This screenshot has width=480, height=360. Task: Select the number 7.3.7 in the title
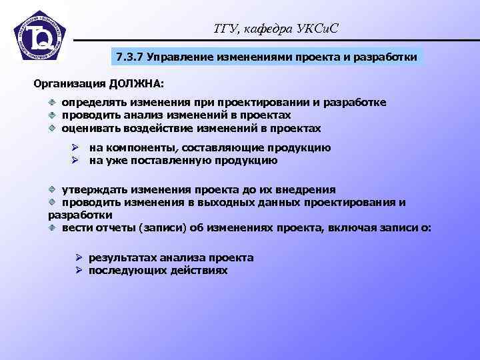coord(129,57)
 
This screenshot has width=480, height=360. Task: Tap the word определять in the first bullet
coord(94,103)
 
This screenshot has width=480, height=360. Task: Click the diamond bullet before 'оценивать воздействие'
coord(52,128)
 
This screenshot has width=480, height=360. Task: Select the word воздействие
coord(153,128)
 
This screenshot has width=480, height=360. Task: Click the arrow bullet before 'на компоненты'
coord(76,148)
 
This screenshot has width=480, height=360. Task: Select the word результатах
coord(123,257)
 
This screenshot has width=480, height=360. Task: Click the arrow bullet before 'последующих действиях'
coord(78,271)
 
